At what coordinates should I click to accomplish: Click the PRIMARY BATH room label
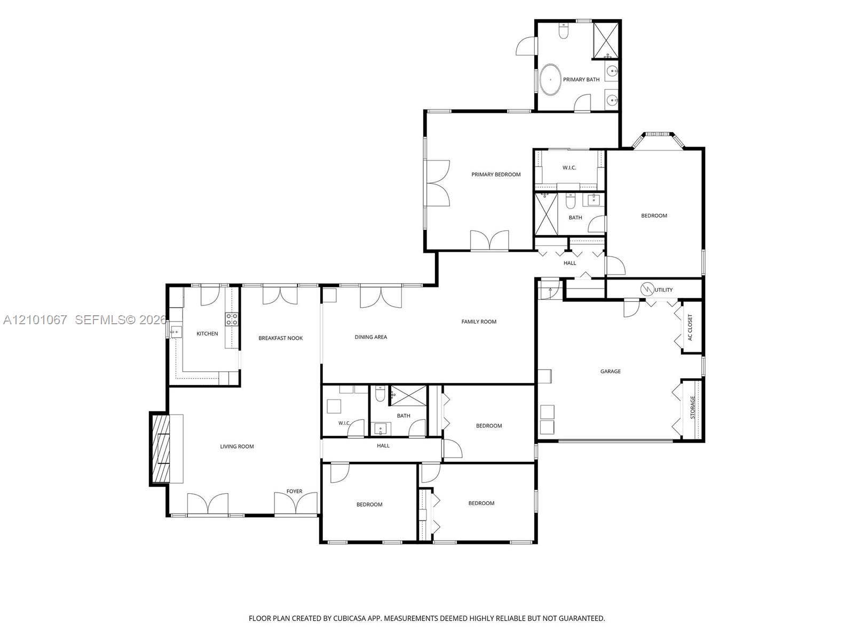click(581, 79)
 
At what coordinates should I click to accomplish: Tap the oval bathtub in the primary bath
click(550, 79)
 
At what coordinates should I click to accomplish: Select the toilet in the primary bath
click(563, 31)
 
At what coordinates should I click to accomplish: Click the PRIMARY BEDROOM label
click(496, 174)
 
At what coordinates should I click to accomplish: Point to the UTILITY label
click(663, 290)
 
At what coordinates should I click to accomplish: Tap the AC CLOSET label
click(690, 327)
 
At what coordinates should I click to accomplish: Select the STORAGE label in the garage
click(692, 407)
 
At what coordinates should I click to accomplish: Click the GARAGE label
click(610, 372)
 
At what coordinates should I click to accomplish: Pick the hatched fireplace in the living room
click(160, 449)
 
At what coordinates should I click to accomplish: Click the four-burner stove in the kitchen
click(231, 319)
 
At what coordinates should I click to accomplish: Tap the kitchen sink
click(176, 332)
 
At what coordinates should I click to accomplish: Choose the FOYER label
click(294, 491)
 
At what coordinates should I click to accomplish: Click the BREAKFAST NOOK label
click(281, 338)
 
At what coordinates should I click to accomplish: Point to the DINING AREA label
click(370, 337)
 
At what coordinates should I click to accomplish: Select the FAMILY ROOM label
click(479, 322)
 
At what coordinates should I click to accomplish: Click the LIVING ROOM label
click(236, 446)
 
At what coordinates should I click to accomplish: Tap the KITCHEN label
click(207, 333)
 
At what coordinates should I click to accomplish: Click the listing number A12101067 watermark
click(35, 320)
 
